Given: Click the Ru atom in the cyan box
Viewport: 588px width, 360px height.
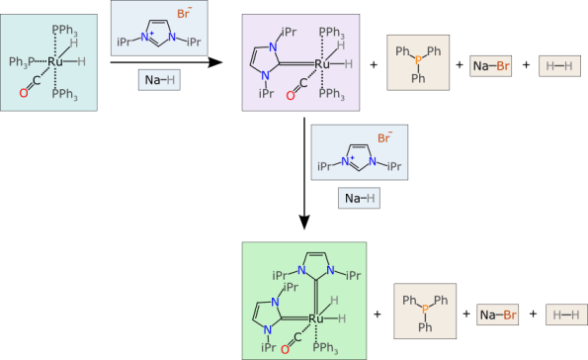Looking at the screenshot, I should point(55,61).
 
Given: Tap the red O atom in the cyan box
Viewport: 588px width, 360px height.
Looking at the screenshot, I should point(23,93).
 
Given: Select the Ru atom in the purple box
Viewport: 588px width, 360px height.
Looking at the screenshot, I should point(321,64).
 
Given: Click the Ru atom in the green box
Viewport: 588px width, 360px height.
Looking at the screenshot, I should point(316,318).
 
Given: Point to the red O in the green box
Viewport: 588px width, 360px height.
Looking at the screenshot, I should point(286,348).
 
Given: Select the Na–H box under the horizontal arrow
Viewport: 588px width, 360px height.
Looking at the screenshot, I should point(159,80).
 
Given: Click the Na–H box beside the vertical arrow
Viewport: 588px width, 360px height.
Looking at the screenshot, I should point(359,198).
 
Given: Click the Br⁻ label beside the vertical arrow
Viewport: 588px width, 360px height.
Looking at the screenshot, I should point(383,139).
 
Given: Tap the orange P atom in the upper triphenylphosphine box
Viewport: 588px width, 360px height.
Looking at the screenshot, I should point(418,63).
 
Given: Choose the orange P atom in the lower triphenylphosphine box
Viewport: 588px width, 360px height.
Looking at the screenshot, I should point(425,313).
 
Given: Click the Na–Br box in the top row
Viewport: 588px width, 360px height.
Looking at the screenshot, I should point(491,65).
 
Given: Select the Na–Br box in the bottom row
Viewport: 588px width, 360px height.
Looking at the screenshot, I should point(498,315).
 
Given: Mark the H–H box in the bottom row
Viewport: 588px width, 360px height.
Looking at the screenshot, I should point(566,315).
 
